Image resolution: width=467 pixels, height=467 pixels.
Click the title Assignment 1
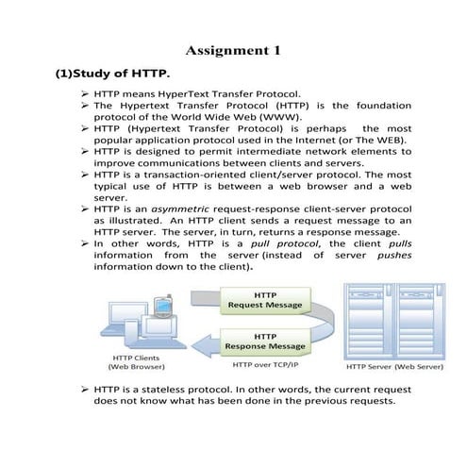click(233, 49)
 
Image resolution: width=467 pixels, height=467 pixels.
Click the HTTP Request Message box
click(261, 299)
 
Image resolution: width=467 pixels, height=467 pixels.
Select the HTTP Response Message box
click(261, 341)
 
